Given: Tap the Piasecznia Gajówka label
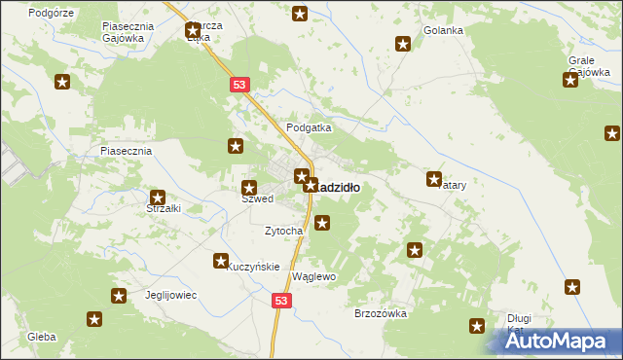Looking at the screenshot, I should coord(123,33).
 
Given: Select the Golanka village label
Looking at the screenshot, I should coord(443,30).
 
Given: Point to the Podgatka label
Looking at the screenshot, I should coord(309,127).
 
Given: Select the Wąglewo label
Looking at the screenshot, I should coord(313,277).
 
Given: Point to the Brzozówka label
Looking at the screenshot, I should coord(380,313).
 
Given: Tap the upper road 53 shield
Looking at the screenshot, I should coord(239,86).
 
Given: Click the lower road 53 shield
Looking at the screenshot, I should coord(280,303).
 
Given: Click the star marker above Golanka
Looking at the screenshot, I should coord(402,43).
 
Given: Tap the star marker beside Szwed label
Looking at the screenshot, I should coord(249,187).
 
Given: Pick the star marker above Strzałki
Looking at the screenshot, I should coord(157,198).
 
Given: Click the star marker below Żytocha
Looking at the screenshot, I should coord(322,224).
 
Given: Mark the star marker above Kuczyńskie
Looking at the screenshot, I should coord(220,261).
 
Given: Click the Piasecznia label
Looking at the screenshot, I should coord(126,152).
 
